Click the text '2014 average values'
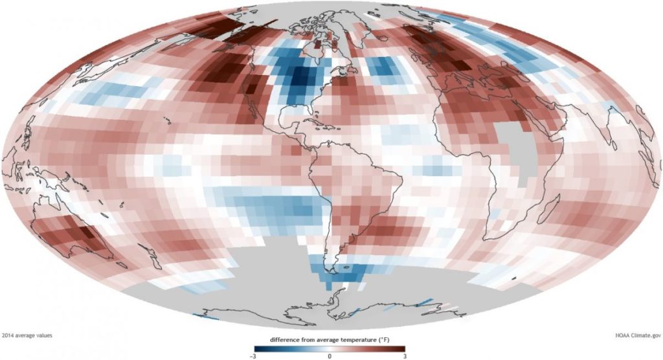click(x=27, y=335)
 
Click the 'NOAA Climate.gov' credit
click(x=638, y=335)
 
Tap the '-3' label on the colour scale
click(x=253, y=357)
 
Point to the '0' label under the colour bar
click(x=330, y=357)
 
